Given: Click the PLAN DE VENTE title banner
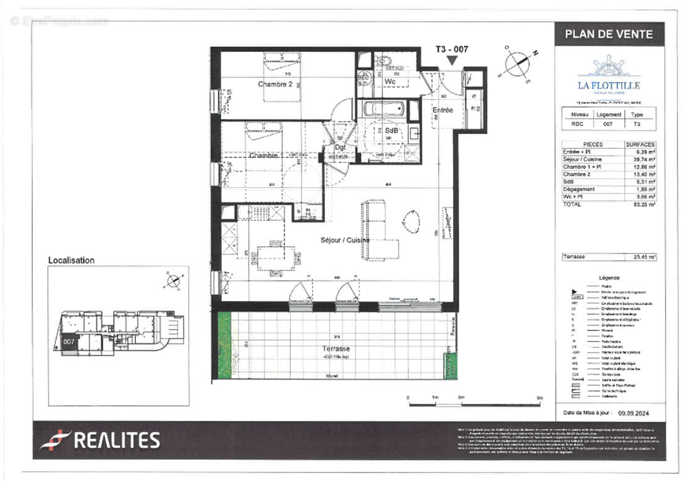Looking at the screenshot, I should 608,34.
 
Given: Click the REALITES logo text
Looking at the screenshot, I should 117,440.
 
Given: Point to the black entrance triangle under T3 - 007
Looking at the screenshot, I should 452,60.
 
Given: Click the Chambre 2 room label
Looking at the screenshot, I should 275,85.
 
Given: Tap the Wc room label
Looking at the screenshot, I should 390,81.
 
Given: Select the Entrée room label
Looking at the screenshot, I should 443,110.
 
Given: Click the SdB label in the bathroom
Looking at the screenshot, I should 391,131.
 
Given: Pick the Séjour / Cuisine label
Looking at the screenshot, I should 345,240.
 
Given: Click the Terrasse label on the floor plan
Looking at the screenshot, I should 336,349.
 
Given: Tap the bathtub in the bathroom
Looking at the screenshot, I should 383,110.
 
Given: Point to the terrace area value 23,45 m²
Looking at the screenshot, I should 643,257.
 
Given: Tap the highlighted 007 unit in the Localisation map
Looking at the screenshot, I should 69,341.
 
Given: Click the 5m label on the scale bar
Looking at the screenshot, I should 539,398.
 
